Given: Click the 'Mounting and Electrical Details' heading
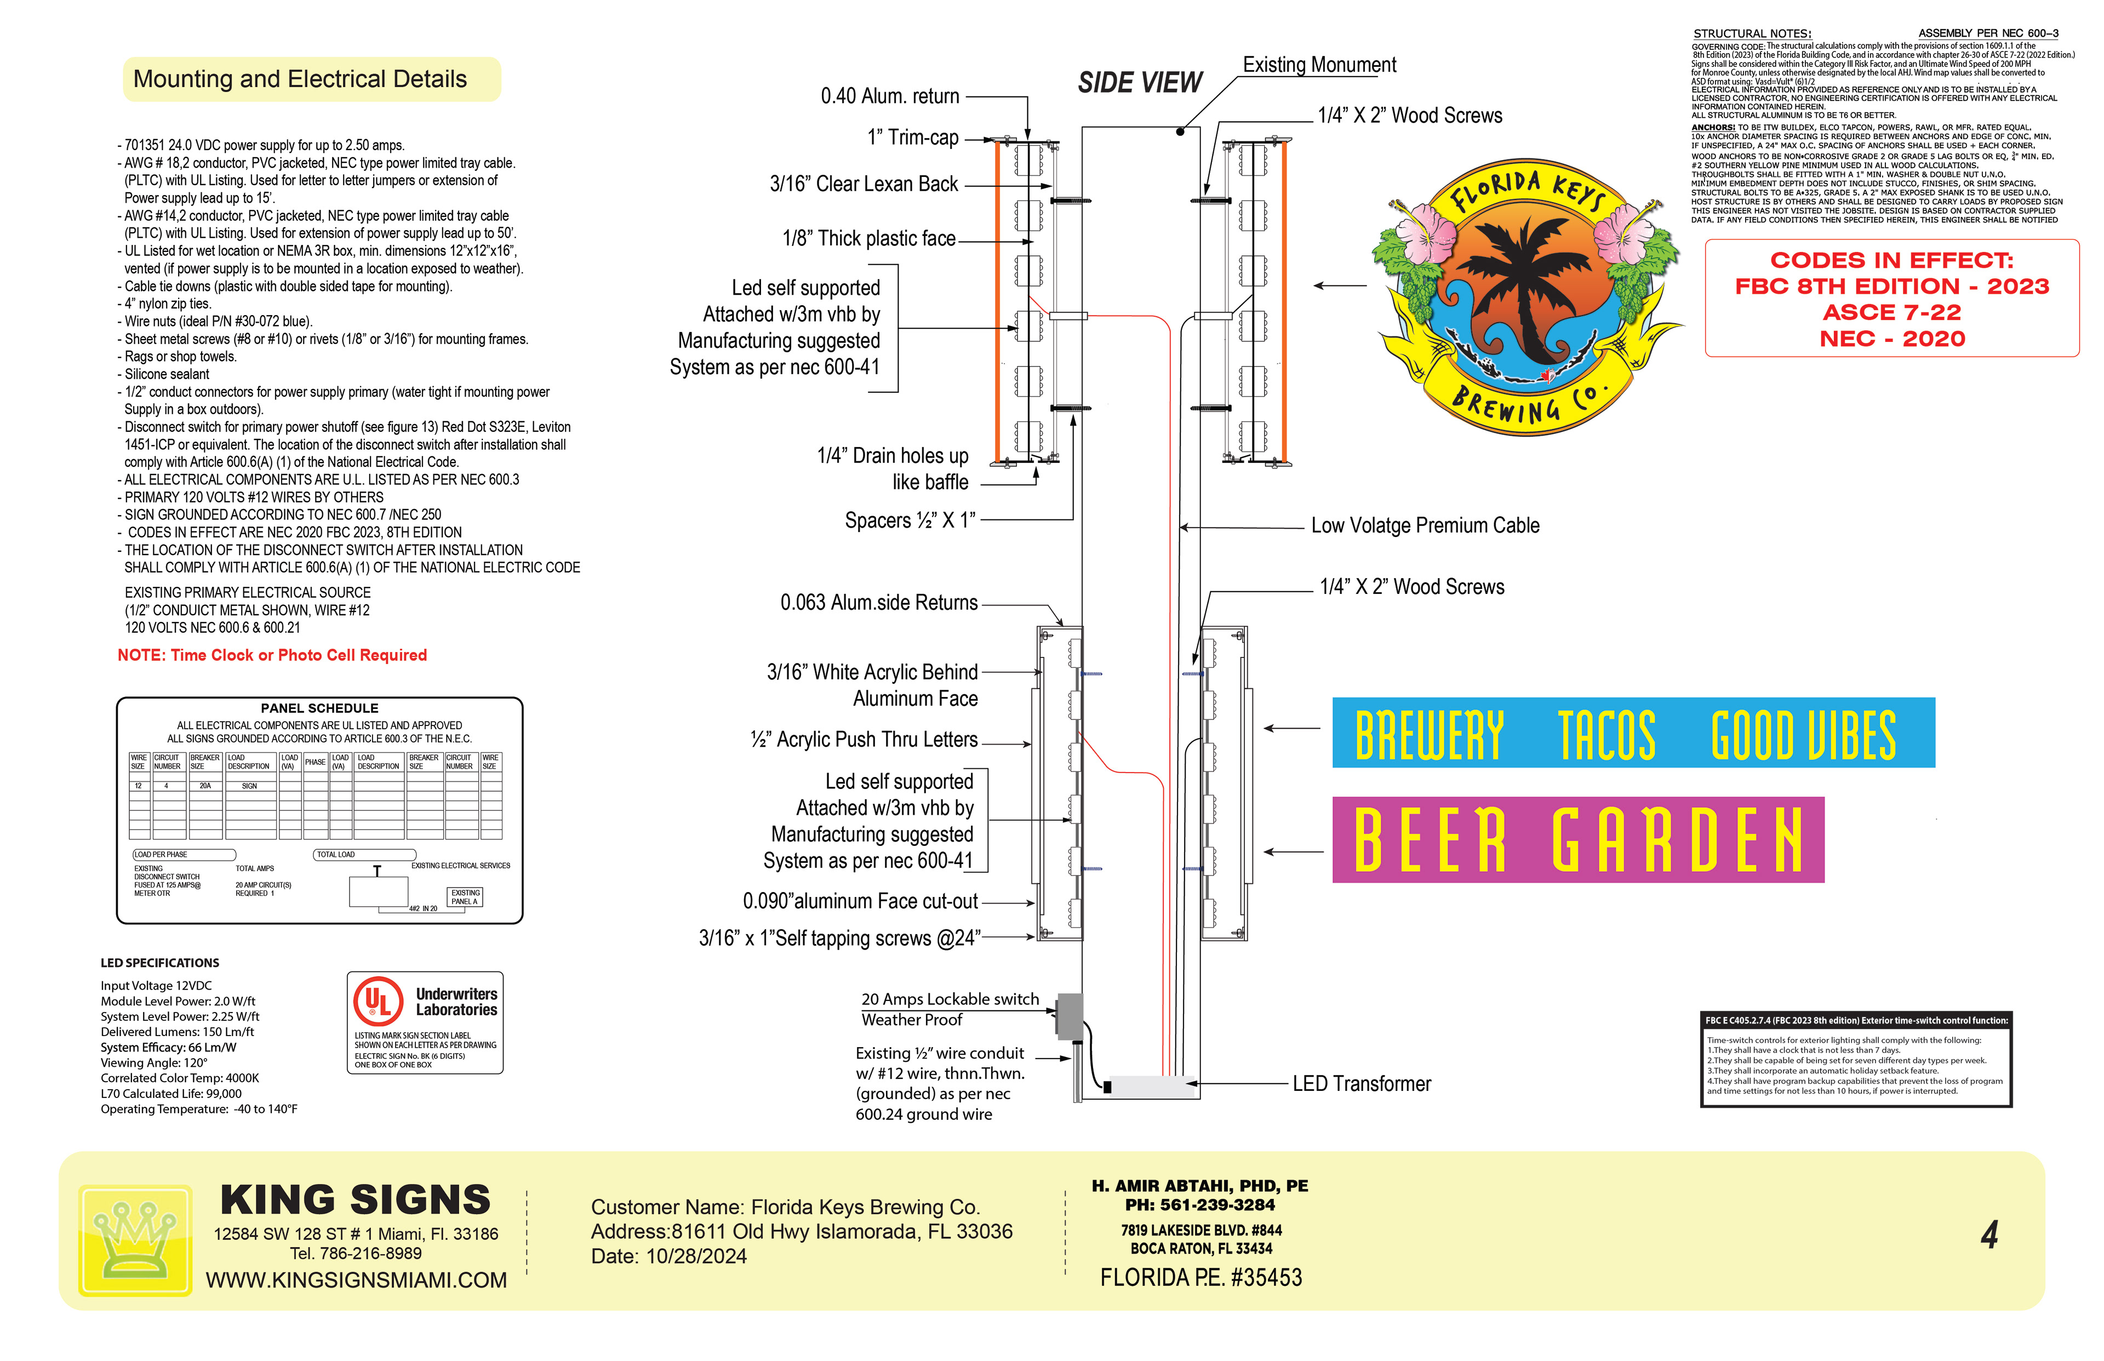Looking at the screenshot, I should pyautogui.click(x=300, y=79).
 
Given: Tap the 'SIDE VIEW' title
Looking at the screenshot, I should pyautogui.click(x=1139, y=83).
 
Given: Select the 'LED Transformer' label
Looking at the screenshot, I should pyautogui.click(x=1361, y=1084).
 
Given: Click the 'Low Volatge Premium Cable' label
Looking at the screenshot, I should pyautogui.click(x=1425, y=526).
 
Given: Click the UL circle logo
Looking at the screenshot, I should pyautogui.click(x=378, y=1002).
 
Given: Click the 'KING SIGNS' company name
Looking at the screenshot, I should pyautogui.click(x=355, y=1199).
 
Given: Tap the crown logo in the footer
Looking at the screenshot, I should pyautogui.click(x=135, y=1239).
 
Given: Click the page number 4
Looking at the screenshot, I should pyautogui.click(x=1989, y=1234).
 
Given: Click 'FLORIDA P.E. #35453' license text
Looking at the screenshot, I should pyautogui.click(x=1200, y=1278).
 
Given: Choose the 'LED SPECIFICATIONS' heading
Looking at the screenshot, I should pyautogui.click(x=160, y=963).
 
